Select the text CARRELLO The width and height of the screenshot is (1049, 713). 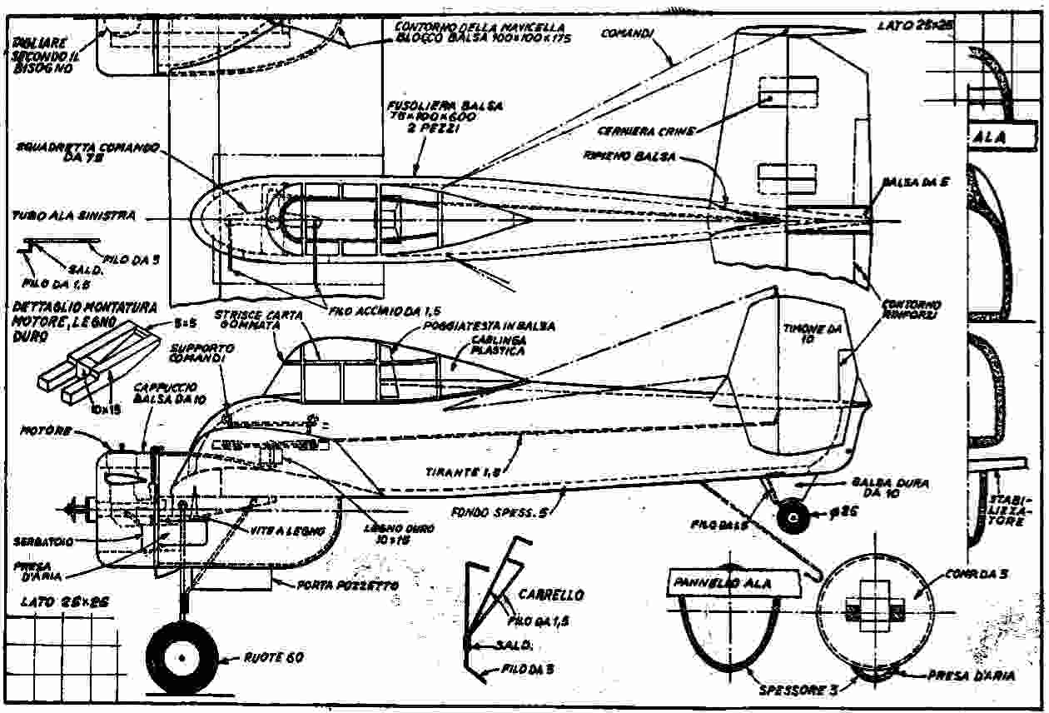click(x=550, y=596)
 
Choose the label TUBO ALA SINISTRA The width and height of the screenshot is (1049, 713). click(x=73, y=215)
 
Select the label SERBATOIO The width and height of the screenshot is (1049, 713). click(x=42, y=541)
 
